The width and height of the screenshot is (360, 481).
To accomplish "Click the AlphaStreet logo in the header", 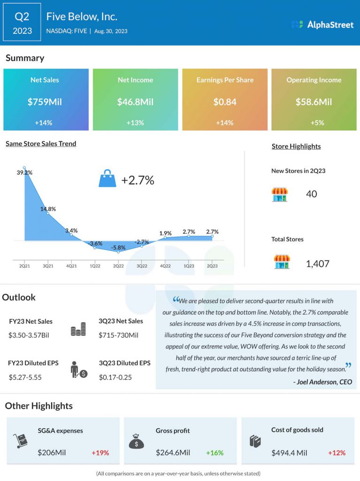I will [x=322, y=24].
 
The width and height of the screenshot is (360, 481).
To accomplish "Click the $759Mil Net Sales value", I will [x=46, y=101].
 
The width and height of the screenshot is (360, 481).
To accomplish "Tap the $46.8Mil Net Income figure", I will [x=135, y=101].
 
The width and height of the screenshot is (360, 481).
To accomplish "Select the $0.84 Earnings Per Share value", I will [x=225, y=101].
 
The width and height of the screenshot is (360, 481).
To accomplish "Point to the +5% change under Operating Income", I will [x=314, y=123].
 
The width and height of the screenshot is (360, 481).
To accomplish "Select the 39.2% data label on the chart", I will [x=24, y=172].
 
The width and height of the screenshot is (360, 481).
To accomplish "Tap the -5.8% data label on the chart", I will [x=118, y=247].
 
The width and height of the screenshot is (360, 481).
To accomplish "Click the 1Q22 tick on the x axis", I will [x=95, y=266].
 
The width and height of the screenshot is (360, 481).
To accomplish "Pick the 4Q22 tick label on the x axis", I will [x=165, y=266].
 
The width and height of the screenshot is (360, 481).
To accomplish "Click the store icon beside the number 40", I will [x=280, y=194].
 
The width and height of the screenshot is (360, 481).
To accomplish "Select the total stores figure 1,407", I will [x=317, y=264].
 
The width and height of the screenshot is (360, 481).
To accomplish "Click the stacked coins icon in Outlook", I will [x=78, y=329].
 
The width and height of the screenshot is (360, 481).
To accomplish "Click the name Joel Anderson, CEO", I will [x=322, y=382].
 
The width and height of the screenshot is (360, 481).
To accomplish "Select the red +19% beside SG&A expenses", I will [x=100, y=453].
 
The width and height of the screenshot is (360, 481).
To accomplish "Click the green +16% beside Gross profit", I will [x=214, y=453].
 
